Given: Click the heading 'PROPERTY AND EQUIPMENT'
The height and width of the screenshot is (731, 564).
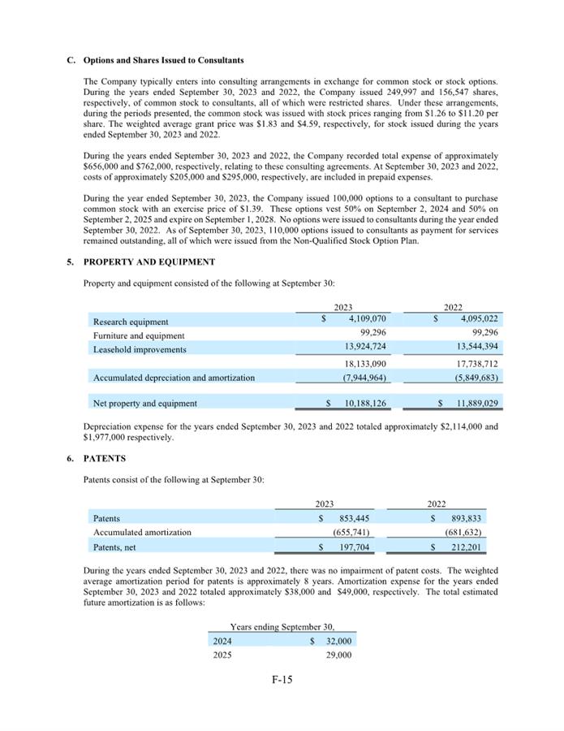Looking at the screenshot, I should [149, 262].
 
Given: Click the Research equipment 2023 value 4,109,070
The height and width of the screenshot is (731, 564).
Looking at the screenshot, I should [365, 318].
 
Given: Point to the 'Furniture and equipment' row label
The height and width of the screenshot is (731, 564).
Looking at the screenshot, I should [139, 335].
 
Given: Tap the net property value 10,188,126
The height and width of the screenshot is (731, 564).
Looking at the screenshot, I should [365, 403].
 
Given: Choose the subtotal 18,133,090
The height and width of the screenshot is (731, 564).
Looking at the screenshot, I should [365, 364].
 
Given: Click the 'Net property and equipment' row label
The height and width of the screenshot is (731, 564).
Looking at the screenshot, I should [145, 403].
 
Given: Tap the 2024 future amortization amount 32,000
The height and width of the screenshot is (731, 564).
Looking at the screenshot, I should [338, 640].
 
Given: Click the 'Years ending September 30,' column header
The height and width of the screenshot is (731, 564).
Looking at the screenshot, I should [282, 626].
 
